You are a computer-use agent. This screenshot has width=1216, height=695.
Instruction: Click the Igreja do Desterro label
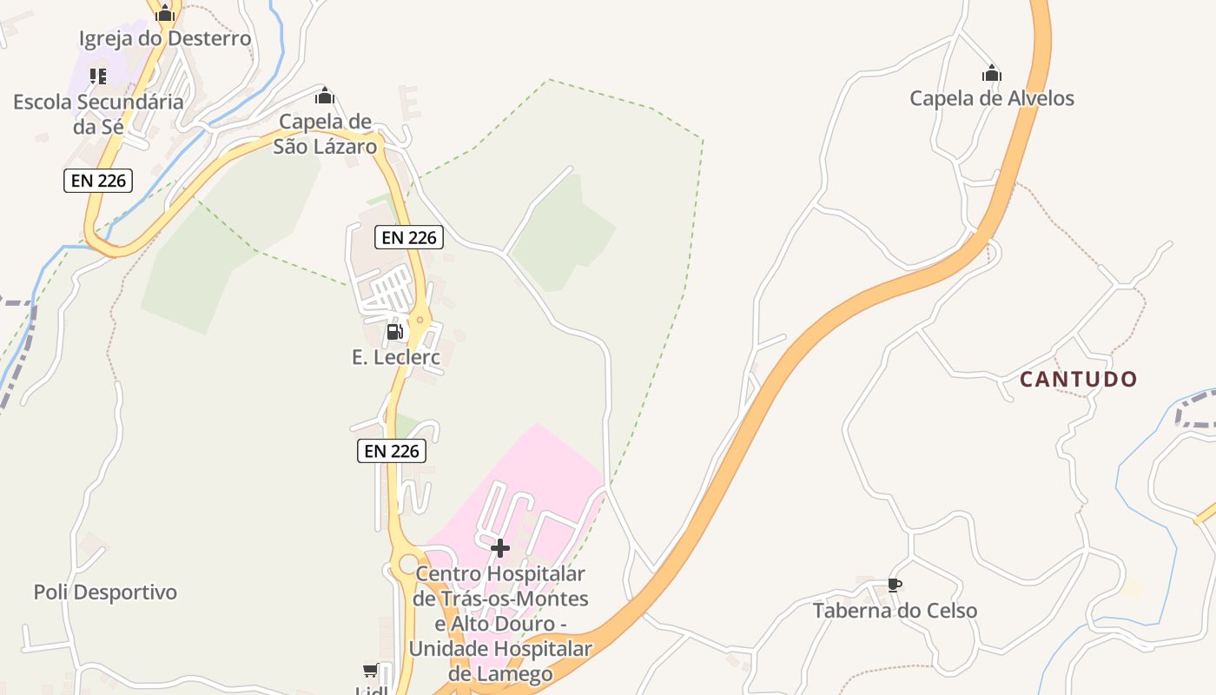165,38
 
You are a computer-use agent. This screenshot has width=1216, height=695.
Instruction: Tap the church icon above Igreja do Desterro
165,13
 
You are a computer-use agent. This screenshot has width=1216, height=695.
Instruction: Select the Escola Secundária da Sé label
98,114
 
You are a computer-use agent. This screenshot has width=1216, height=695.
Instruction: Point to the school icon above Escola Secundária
98,76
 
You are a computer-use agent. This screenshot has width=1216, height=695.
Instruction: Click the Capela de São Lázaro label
326,134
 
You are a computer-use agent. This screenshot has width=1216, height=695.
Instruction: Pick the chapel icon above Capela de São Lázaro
325,96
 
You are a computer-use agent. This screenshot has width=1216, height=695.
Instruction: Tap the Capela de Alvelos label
991,98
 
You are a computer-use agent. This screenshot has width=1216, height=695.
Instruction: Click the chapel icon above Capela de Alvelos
991,74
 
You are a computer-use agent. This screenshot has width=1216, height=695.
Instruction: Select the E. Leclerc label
396,356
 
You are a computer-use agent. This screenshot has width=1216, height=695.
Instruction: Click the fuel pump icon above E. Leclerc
394,331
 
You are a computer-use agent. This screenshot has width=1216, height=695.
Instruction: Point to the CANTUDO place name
1078,379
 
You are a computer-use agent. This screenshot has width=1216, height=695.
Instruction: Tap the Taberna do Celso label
895,611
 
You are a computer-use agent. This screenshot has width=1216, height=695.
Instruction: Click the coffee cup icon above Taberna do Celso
894,586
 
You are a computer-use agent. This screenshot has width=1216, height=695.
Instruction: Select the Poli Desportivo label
105,592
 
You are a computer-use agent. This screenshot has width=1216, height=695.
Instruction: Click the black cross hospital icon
499,548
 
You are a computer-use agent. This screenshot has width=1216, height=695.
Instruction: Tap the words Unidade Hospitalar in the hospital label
500,649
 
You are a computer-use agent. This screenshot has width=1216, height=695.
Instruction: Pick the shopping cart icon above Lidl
371,671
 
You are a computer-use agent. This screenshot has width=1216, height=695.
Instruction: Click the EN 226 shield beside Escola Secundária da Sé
97,181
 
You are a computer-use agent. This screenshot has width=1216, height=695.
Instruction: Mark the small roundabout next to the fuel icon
420,320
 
